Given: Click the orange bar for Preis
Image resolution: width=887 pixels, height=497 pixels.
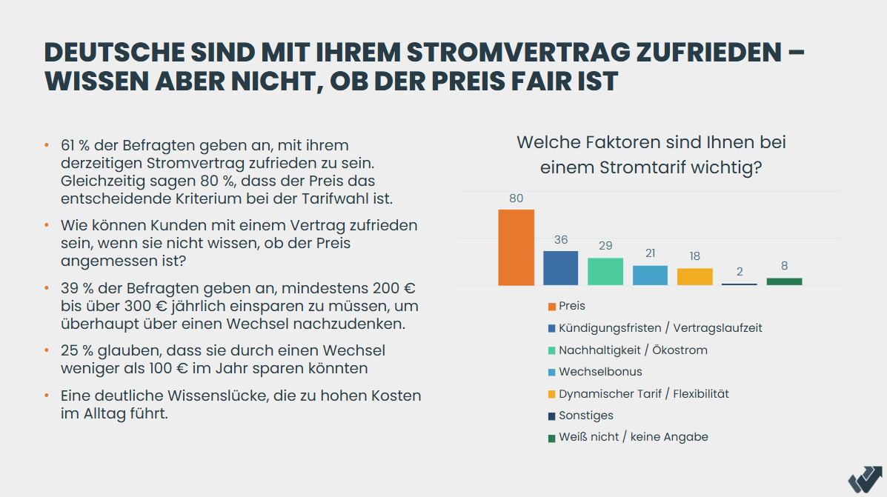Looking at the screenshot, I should (516, 247).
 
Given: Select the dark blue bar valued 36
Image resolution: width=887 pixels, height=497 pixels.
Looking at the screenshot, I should (560, 268).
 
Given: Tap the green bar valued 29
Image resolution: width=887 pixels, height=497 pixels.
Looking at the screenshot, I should (605, 272).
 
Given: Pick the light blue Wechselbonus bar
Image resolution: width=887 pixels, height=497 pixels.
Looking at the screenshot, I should (650, 276).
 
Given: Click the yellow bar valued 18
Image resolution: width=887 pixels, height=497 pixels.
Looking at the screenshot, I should (694, 277).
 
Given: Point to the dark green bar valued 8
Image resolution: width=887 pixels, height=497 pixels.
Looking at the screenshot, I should (784, 281).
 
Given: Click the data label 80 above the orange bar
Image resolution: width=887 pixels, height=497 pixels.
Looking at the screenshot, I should (516, 199).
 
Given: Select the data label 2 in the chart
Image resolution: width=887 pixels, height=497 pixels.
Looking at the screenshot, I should (740, 272).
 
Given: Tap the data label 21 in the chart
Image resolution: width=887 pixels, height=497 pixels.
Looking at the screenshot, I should (650, 253).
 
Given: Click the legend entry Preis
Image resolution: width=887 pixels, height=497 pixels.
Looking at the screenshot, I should (571, 306).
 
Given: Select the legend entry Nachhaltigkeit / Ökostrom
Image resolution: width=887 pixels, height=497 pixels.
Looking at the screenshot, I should (632, 350).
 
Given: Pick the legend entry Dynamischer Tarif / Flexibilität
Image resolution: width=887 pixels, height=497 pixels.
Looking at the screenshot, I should (643, 393).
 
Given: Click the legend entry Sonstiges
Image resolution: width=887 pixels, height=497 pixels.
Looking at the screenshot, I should (585, 416).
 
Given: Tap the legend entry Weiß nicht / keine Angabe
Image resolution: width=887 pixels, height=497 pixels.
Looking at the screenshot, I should (633, 437).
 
